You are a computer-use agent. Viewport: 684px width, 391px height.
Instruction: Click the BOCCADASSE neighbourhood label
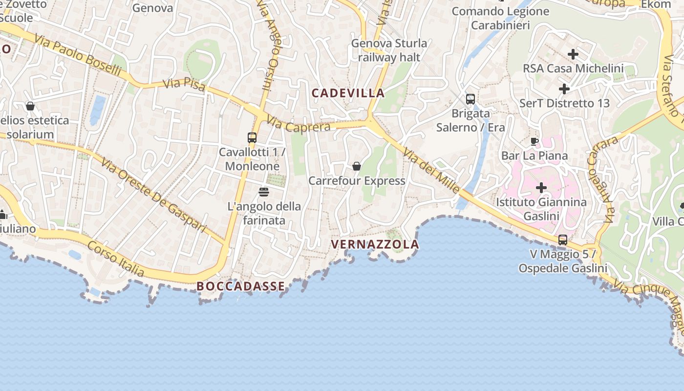pos(240,286)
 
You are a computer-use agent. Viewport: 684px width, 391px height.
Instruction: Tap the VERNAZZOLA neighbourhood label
pos(375,244)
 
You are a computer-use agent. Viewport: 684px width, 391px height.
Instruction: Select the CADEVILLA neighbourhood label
pos(348,93)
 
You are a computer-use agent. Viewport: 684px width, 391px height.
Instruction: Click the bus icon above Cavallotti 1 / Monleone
pos(252,138)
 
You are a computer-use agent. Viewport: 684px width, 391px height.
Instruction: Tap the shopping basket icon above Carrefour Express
pos(357,166)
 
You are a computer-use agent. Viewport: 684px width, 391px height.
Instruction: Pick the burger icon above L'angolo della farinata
pos(264,192)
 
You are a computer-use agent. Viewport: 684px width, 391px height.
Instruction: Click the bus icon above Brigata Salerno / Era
pos(470,99)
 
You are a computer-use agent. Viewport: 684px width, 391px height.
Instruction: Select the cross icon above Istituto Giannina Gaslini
pos(541,188)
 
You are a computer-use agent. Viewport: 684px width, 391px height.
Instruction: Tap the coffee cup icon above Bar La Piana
pos(534,142)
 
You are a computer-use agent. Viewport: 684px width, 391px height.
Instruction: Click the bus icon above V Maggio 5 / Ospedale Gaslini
pos(563,240)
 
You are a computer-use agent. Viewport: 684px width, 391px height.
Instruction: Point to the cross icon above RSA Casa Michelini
pos(573,54)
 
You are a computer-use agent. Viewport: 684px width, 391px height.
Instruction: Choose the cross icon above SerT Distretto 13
pos(564,89)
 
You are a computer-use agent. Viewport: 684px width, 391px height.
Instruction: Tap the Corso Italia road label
pos(115,259)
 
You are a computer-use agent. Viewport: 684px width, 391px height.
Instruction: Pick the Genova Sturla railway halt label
pos(389,50)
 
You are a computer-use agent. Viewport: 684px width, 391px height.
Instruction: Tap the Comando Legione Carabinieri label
pos(500,18)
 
